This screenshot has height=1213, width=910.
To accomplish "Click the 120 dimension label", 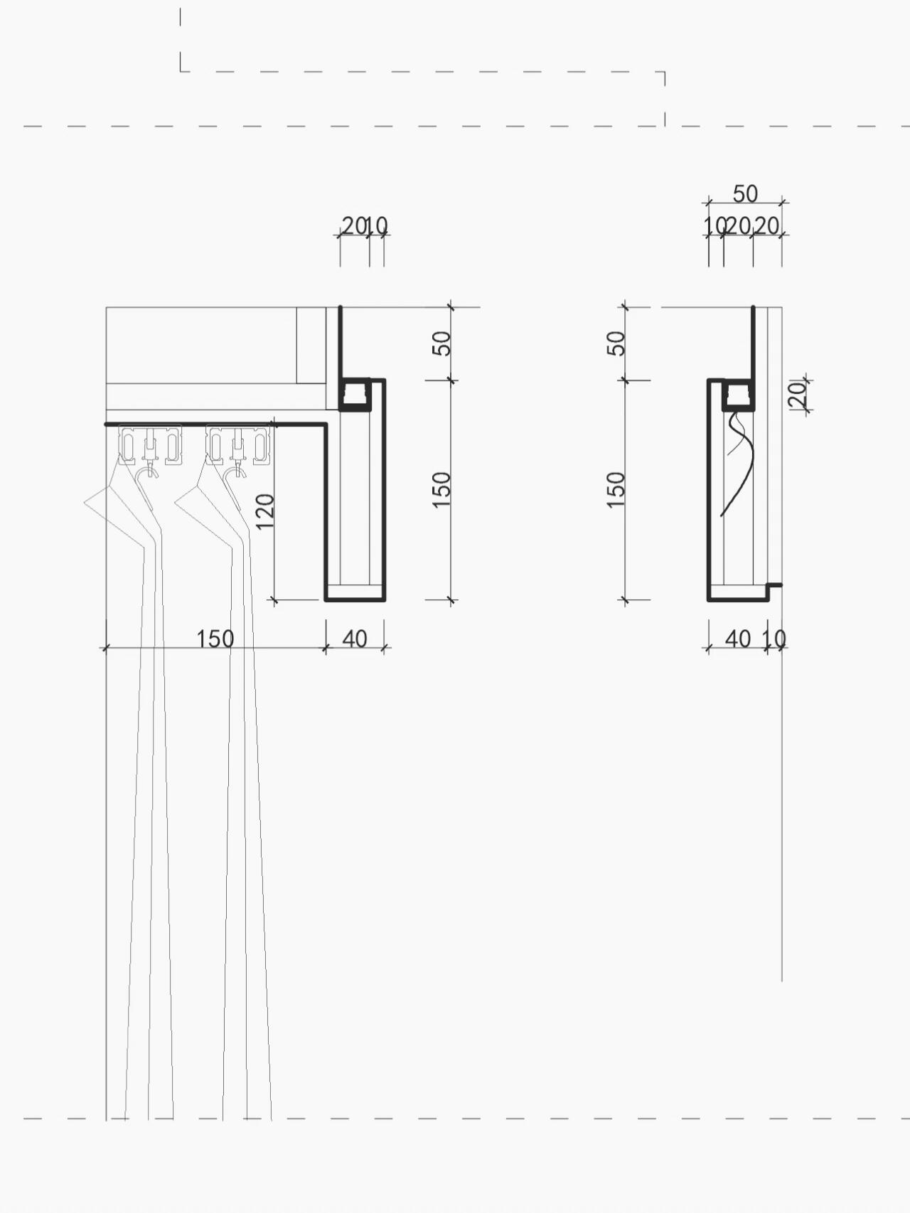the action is click(x=264, y=511).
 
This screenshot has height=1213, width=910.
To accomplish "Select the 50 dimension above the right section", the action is click(x=745, y=193).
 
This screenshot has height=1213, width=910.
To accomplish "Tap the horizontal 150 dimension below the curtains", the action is click(x=215, y=638).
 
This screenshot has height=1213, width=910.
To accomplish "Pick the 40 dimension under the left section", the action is click(x=355, y=638).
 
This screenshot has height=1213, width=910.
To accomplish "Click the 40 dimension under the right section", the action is click(x=738, y=638).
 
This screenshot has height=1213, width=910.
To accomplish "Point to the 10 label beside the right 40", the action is click(x=775, y=639).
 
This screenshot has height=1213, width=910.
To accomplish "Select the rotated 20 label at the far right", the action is click(x=798, y=394).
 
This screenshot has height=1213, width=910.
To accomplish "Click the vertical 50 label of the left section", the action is click(x=441, y=343).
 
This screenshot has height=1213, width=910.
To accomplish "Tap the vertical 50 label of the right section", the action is click(x=617, y=343).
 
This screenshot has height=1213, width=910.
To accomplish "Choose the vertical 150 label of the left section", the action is click(x=441, y=489).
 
